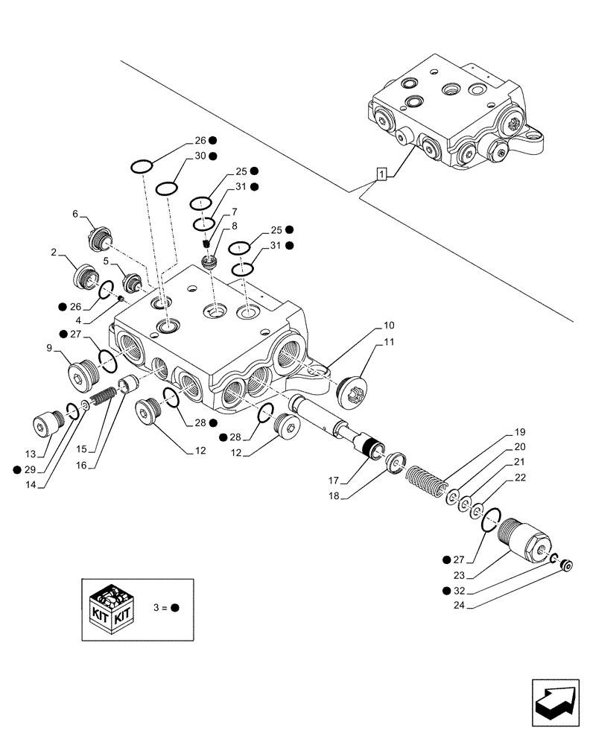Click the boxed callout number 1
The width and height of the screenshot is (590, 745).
[381, 174]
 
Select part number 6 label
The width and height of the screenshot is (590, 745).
[75, 214]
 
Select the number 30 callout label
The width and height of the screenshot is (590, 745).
[200, 156]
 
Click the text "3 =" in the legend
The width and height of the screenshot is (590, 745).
[158, 607]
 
